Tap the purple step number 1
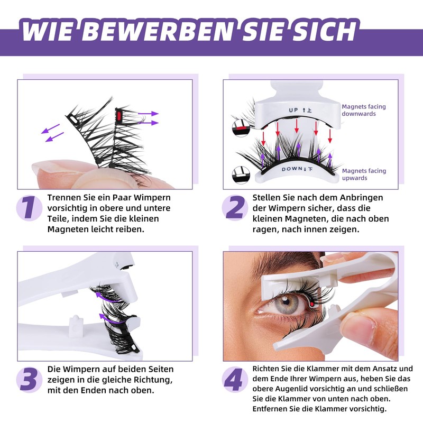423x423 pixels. point(29,207)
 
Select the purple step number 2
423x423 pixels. point(235,207)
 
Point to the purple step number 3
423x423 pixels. point(29,379)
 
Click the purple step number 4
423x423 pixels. point(234,379)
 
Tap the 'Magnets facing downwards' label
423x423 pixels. point(364,110)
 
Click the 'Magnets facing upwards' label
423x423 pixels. point(364,174)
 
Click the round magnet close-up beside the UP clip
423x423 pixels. point(241,128)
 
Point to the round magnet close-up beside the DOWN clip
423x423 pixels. point(241,176)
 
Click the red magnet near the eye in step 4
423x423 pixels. point(312,305)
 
